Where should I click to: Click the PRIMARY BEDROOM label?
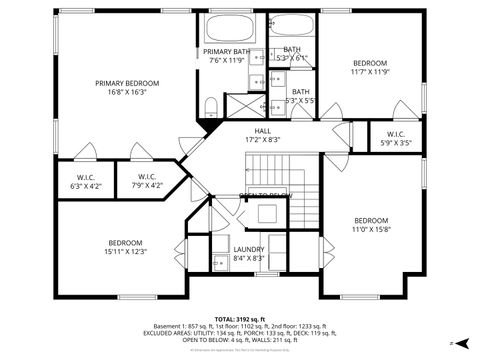tap(126, 83)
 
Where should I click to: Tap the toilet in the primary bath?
tap(211, 106)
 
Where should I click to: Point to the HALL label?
tap(262, 131)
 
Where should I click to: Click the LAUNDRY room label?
tap(247, 249)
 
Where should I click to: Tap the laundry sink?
tap(219, 263)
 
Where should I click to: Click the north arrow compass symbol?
tap(451, 343)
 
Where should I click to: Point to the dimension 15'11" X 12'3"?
tap(126, 251)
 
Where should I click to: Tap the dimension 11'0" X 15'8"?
tap(370, 229)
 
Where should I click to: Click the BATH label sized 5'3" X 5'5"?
tap(299, 96)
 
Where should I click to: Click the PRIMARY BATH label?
tap(227, 51)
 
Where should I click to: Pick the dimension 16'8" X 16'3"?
tap(126, 92)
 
